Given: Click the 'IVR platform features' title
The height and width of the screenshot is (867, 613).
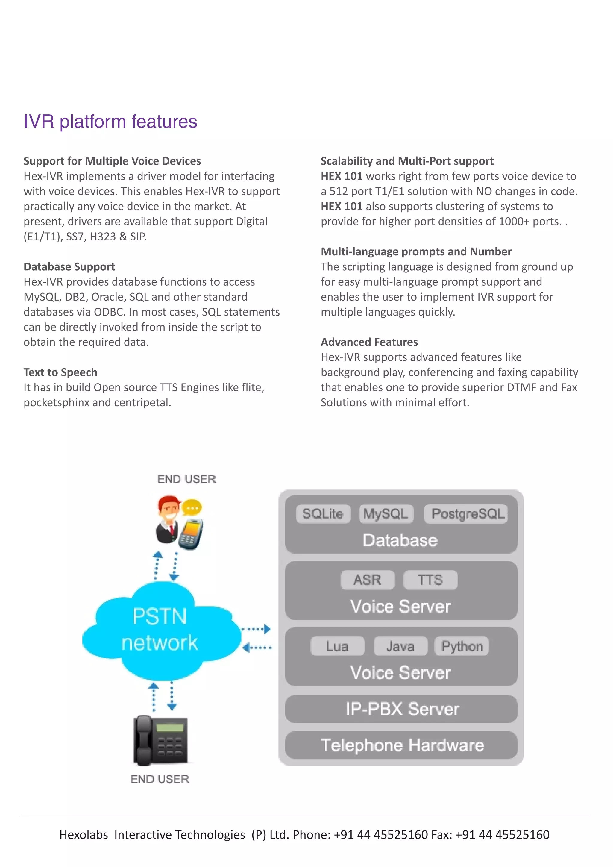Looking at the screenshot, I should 110,122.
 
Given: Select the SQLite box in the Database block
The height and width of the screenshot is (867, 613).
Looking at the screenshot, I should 323,514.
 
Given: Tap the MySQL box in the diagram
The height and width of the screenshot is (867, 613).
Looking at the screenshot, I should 386,514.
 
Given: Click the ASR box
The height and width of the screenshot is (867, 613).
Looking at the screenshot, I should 367,580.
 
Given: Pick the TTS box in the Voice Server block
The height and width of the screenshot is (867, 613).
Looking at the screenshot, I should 430,580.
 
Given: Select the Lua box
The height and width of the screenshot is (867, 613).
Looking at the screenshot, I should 337,646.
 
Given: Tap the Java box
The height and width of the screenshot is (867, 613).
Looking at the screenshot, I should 400,646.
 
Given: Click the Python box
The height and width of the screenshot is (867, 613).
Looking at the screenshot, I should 462,646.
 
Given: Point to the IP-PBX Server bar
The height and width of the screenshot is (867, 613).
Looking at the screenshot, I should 401,709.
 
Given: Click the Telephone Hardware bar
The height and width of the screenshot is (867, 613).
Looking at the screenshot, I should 401,745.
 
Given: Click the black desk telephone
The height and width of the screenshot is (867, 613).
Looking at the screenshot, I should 160,740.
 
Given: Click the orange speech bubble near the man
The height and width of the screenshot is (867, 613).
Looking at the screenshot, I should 192,508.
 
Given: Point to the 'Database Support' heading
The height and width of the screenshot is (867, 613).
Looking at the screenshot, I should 69,266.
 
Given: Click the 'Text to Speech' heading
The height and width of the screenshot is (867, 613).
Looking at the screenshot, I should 60,372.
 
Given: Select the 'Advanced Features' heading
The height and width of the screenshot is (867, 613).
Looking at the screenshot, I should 369,342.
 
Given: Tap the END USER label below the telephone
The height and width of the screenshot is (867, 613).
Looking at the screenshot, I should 160,779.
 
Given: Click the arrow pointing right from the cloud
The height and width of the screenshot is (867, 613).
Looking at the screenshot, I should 257,629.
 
